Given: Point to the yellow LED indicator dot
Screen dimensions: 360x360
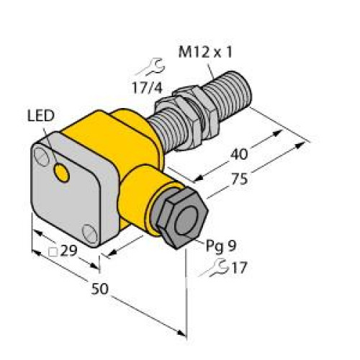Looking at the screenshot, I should pyautogui.click(x=64, y=172).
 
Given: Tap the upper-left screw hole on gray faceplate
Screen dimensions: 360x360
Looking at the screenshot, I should pyautogui.click(x=45, y=154).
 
